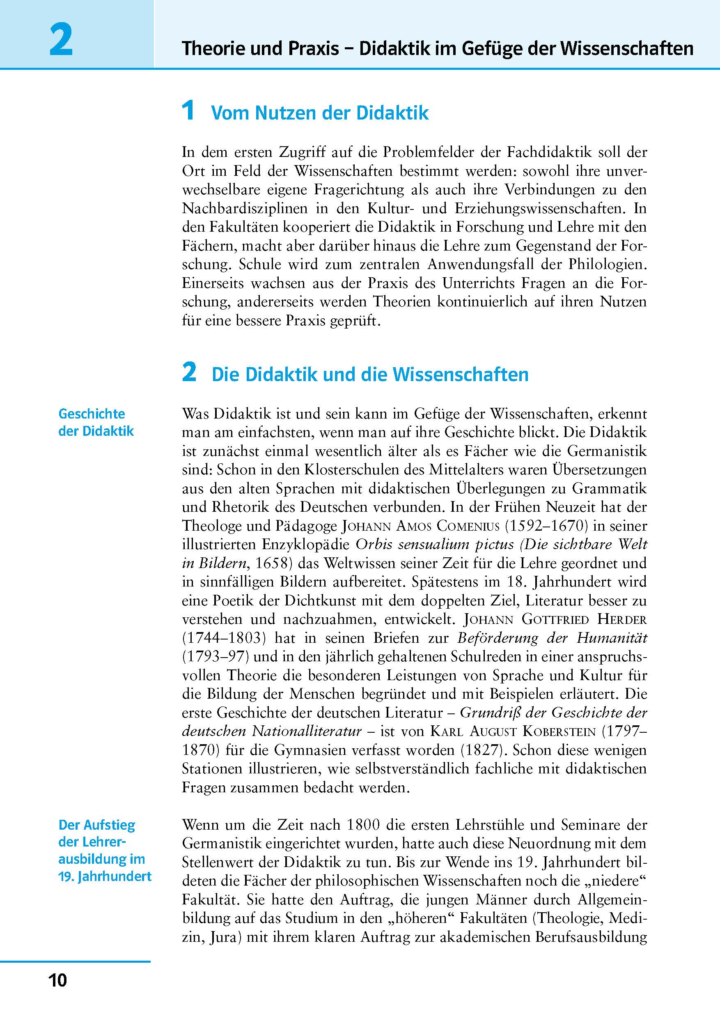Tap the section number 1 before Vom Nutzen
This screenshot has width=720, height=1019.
click(188, 110)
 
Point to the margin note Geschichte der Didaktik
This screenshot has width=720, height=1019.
click(96, 422)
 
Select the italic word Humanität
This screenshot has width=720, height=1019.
click(612, 638)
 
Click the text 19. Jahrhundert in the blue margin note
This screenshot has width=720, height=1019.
click(105, 876)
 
